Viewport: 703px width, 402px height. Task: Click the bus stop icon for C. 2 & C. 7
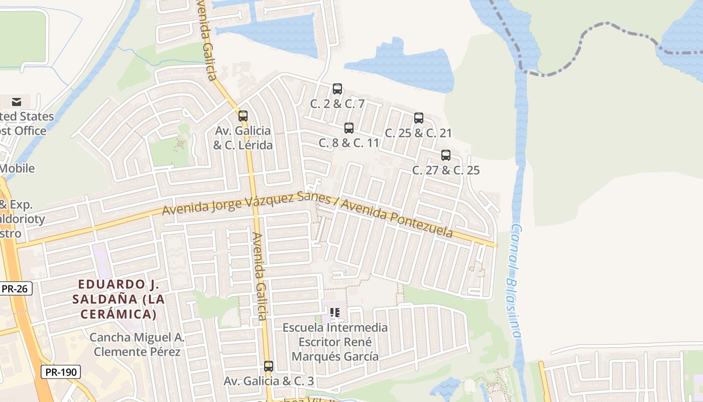(x=337, y=89)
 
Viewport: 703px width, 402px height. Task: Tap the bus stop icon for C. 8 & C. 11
(x=349, y=128)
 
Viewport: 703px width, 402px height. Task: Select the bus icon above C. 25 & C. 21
(x=419, y=118)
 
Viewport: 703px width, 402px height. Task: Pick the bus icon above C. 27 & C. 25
(x=446, y=155)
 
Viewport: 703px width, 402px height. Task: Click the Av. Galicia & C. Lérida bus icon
(x=243, y=116)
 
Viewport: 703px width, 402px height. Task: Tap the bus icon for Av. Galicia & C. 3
(x=269, y=366)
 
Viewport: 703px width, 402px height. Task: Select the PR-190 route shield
(x=60, y=372)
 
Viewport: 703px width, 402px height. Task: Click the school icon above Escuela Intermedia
(x=335, y=313)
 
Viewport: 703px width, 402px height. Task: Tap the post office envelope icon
(x=17, y=102)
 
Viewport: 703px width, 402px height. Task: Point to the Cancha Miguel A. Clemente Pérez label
(x=137, y=344)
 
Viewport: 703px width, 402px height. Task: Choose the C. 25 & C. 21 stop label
(x=418, y=133)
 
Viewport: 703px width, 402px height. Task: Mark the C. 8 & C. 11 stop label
(x=348, y=143)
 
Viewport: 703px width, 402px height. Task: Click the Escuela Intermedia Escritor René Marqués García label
(x=335, y=342)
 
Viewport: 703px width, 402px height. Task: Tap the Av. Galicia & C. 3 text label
(x=269, y=381)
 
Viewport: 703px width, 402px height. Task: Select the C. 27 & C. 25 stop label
(x=446, y=170)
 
